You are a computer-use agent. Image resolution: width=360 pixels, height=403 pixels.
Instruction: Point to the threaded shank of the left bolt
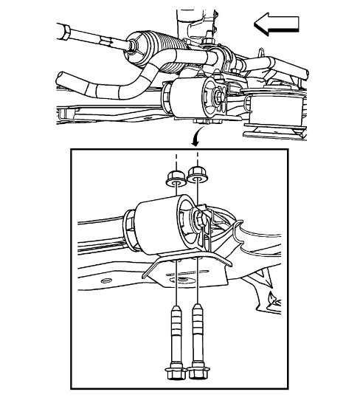[177, 325]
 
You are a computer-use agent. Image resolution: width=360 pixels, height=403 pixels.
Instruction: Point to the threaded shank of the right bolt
[198, 325]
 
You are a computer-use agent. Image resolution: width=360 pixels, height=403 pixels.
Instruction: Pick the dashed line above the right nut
[198, 159]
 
